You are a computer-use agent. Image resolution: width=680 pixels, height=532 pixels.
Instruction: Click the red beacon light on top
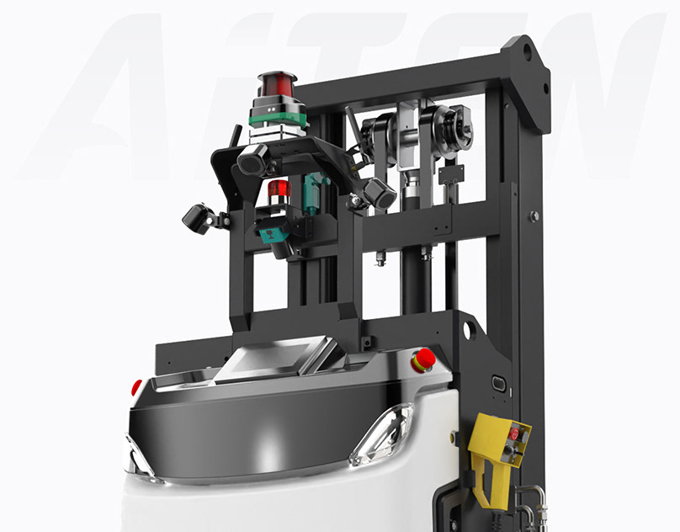coord(278,84)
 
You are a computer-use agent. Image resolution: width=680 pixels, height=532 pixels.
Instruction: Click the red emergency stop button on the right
coord(422,359)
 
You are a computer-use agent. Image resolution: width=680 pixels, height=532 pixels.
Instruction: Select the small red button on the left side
coord(136,387)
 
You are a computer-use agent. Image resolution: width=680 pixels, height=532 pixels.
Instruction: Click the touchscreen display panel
coord(267,359)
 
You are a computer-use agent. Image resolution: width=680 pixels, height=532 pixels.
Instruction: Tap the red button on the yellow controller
coord(513,434)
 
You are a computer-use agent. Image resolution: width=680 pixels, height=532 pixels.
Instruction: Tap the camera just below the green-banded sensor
coord(252,158)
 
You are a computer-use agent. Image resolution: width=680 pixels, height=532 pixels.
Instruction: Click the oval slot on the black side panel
coord(499,383)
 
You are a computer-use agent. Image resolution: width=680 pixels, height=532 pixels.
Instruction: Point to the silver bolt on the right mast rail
coord(534,216)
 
